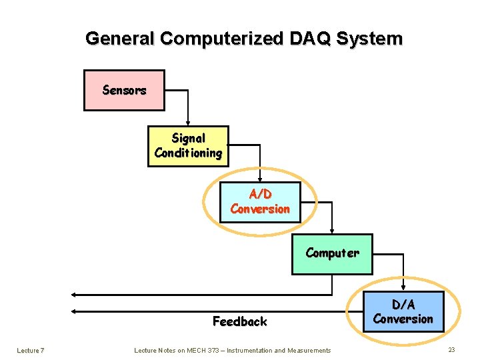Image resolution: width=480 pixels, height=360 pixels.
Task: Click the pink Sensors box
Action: pos(124,90)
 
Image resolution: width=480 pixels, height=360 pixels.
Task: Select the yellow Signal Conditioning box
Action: pos(188,146)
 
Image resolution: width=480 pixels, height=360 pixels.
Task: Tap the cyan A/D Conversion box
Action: pos(260,201)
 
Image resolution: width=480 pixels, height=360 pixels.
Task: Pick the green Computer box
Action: pos(332,254)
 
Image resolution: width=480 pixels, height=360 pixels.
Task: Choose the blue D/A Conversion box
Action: pos(403,312)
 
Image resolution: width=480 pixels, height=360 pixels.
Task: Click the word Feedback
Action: pos(239,321)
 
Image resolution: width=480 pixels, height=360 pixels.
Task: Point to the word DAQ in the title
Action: pos(313,39)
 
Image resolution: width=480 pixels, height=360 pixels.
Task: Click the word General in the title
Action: pos(121,39)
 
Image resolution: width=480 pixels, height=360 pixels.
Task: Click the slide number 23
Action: pos(451,350)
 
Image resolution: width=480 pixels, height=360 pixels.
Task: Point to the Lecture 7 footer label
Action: pos(31,350)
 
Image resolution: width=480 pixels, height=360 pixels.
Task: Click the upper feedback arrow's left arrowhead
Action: pos(75,294)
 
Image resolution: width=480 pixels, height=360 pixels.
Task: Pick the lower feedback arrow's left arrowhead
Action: pos(75,311)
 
